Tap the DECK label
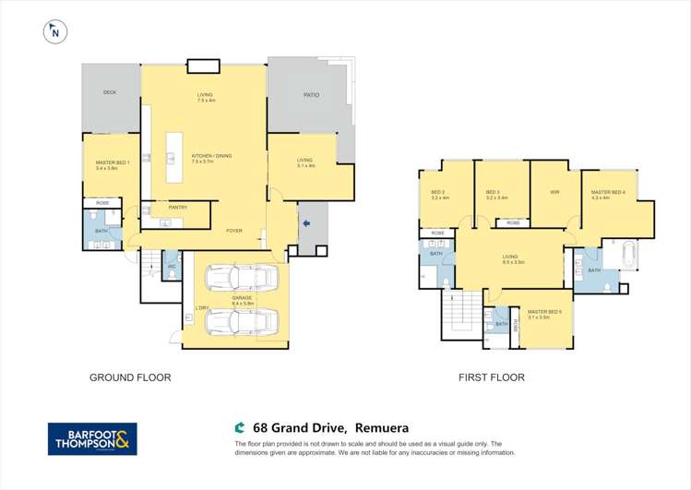(110, 92)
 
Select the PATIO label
(311, 95)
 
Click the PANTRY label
(177, 208)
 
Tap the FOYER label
(234, 231)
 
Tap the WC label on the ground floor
(171, 268)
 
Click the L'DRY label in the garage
(201, 308)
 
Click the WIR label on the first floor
(554, 193)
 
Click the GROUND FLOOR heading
(130, 377)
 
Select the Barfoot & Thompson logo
(92, 438)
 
